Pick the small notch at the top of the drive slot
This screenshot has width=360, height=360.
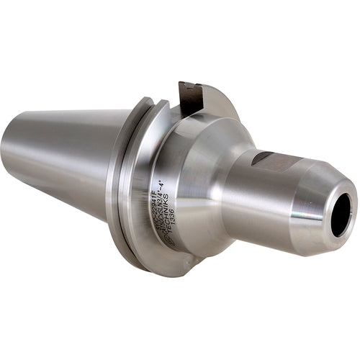tap(189, 84)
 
